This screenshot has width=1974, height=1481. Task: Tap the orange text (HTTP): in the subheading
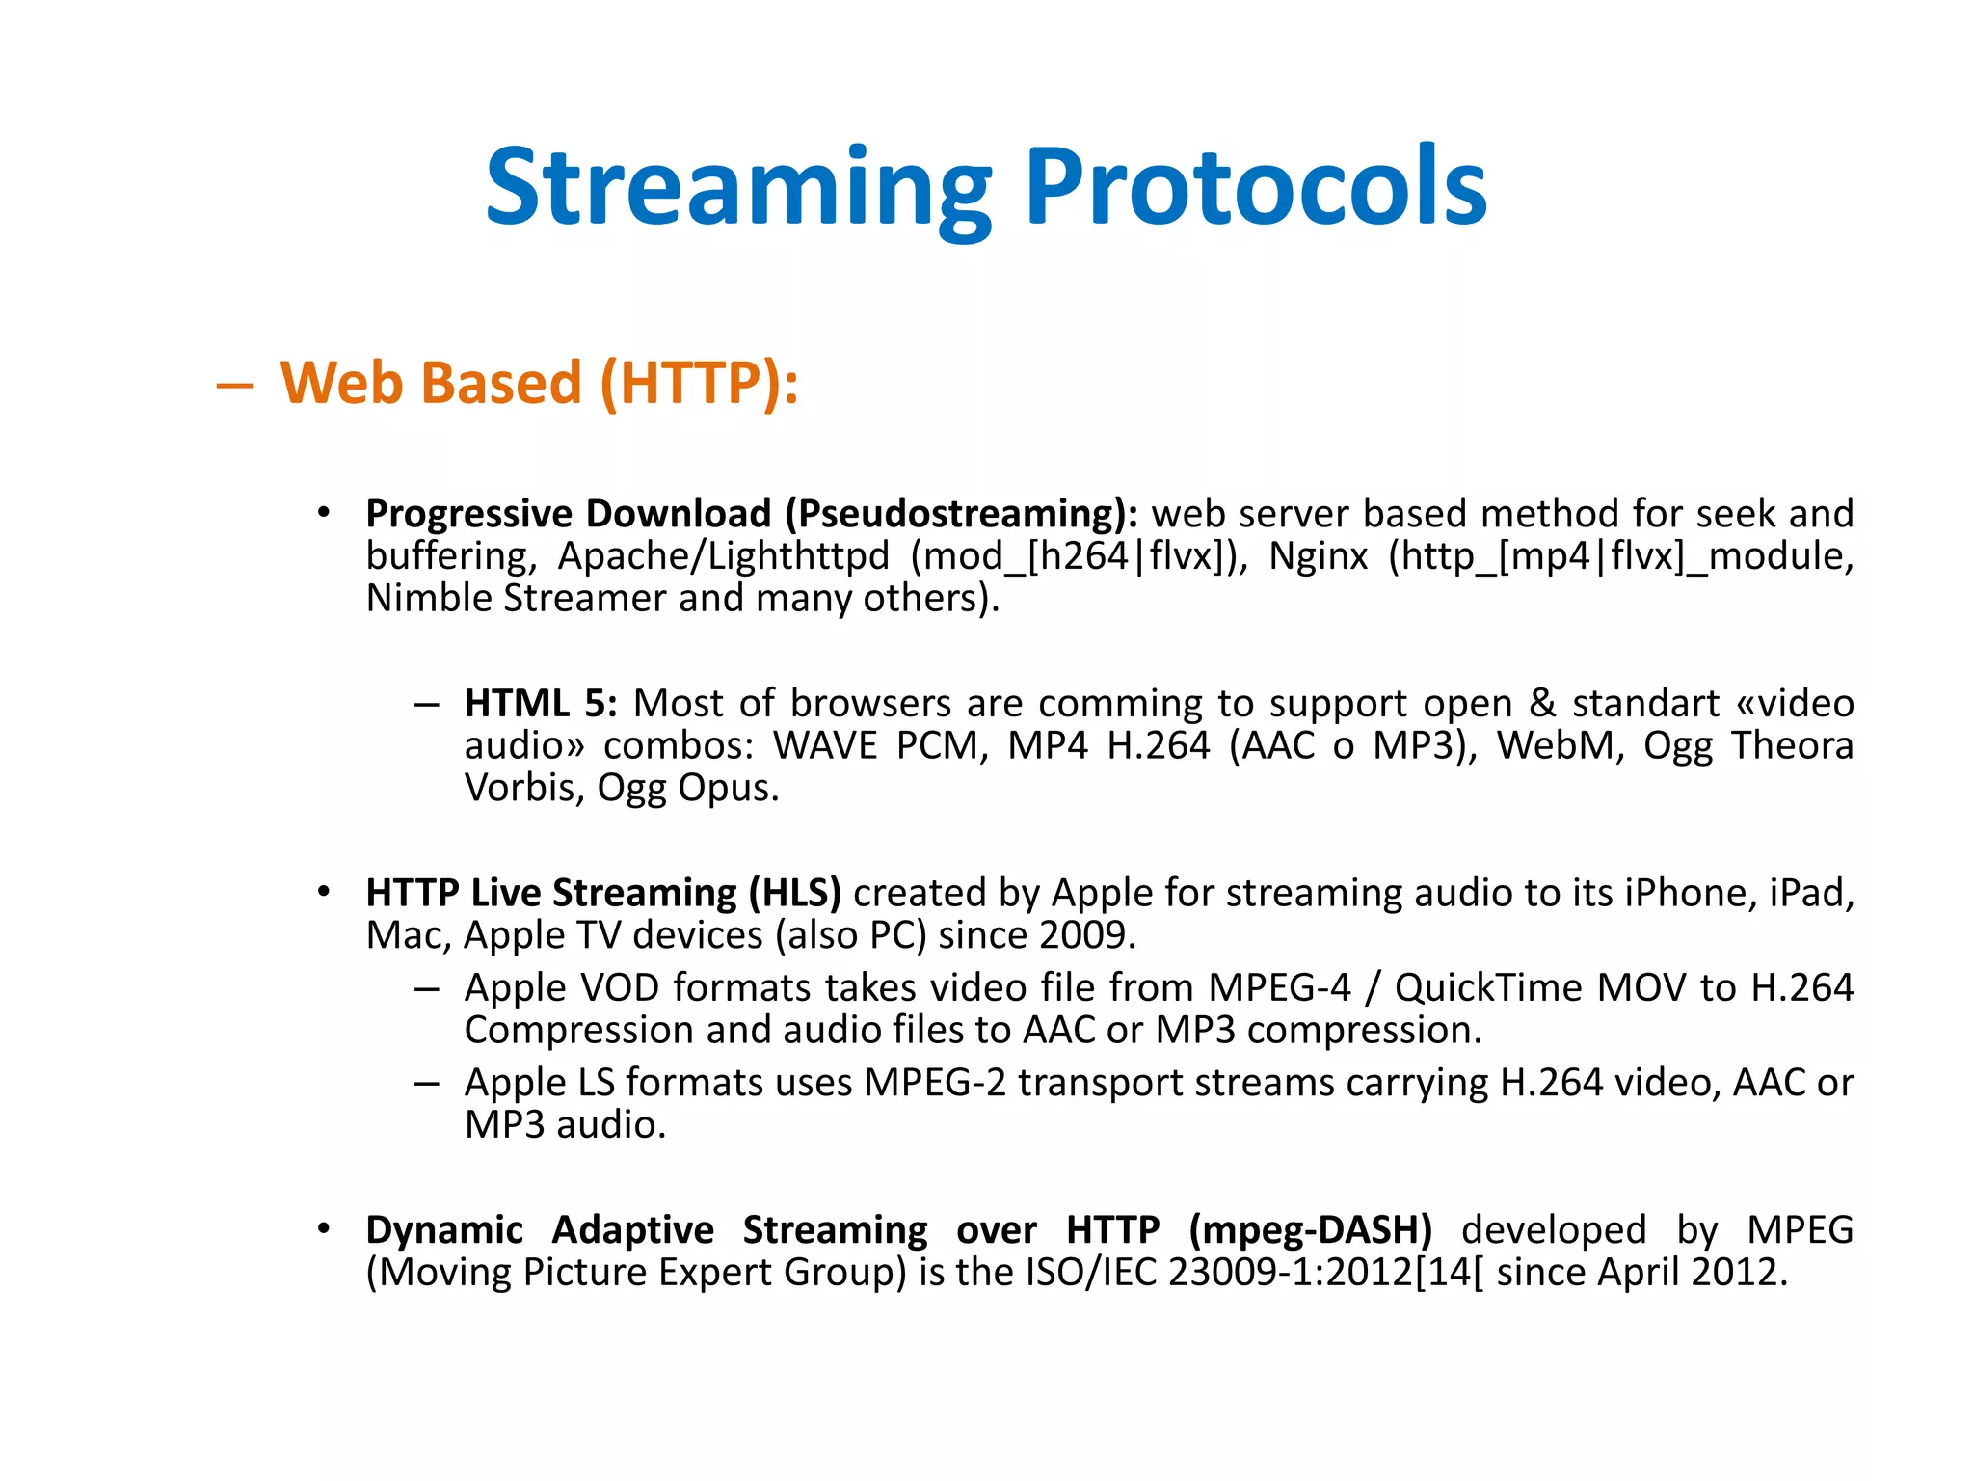(699, 384)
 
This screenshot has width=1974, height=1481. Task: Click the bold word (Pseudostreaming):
(961, 514)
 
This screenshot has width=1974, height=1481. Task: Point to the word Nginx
(1318, 556)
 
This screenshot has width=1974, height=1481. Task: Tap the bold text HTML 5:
(540, 704)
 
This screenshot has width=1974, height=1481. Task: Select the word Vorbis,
(524, 789)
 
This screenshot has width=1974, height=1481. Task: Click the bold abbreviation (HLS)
(794, 894)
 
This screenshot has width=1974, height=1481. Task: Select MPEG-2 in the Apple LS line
(934, 1084)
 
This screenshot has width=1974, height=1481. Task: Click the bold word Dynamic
(444, 1231)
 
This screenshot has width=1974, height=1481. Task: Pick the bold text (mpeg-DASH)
(1310, 1231)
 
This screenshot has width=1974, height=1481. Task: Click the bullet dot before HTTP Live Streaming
(324, 892)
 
